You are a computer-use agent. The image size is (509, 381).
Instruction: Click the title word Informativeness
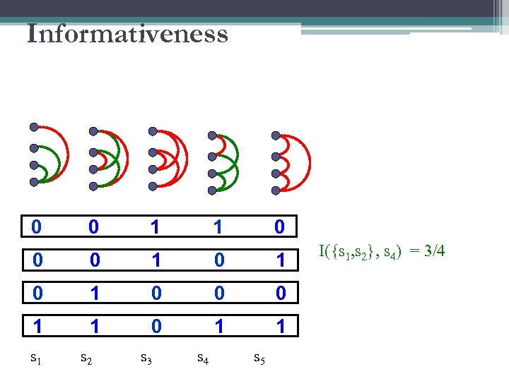pos(127,34)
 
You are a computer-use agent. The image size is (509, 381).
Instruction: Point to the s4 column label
pos(203,360)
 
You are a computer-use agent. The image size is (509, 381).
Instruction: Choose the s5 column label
pos(260,360)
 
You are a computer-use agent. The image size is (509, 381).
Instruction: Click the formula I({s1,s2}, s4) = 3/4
pos(382,251)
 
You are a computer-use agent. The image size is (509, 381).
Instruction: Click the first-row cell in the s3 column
pos(156,227)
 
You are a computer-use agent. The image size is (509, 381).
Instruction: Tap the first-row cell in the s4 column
pos(218,227)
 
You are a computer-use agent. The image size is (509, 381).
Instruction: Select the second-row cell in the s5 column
pos(280,260)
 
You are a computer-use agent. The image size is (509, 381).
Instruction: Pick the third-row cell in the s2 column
pos(95,292)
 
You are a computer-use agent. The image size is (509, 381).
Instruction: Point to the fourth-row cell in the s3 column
pos(156,325)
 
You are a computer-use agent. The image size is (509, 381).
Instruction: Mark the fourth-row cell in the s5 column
pos(280,325)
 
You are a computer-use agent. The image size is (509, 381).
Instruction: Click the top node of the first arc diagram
pos(34,128)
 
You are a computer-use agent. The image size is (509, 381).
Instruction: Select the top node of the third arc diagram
pos(151,131)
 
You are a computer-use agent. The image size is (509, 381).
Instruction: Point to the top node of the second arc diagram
pos(93,131)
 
